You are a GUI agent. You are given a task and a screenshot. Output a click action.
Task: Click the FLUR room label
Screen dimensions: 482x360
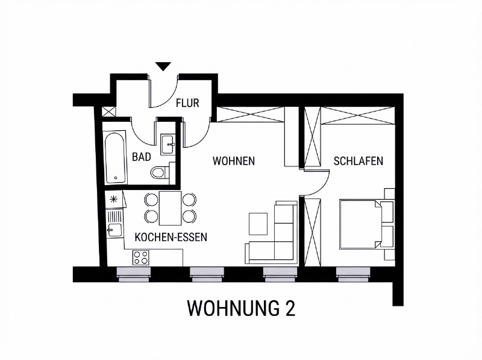coord(187,103)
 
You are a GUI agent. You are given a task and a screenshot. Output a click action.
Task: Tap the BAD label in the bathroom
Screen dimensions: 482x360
coord(142,157)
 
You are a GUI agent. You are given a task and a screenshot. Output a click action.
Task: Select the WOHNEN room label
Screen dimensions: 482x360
coord(234,161)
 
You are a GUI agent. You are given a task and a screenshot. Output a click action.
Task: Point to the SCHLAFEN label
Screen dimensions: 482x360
coord(358,161)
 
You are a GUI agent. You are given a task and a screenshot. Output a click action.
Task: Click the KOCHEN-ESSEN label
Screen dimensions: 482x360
coord(171,237)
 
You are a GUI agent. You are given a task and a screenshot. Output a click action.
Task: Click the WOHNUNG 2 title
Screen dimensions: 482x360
coord(242,308)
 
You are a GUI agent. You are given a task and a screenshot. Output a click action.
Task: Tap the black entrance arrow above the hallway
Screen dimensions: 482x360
coord(163,66)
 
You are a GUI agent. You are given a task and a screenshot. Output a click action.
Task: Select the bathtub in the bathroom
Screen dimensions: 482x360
coord(115,157)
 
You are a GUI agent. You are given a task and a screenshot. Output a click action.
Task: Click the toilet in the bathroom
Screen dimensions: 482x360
coord(160,172)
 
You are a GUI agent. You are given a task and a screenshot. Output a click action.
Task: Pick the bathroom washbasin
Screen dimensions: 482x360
coord(168,144)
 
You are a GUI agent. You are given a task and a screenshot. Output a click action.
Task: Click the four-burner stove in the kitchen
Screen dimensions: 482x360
coord(141,258)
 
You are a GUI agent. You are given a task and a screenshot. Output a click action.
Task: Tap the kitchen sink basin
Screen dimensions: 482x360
coord(114,230)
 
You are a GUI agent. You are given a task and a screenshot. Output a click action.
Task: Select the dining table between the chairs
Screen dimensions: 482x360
coord(171,208)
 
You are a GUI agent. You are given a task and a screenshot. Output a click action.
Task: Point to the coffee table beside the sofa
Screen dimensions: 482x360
coord(258,224)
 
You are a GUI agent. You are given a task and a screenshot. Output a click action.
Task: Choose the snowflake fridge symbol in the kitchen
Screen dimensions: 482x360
coord(114,200)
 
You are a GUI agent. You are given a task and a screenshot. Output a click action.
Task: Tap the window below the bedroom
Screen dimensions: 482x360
coord(353,274)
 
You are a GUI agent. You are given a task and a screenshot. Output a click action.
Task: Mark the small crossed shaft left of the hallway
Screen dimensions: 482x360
coord(109,112)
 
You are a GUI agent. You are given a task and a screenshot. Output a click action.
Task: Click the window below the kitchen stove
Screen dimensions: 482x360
coord(134,274)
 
